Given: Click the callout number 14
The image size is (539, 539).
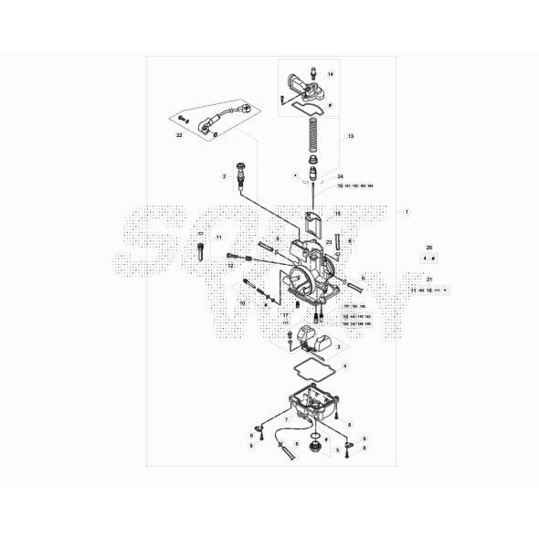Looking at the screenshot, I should click(331, 73).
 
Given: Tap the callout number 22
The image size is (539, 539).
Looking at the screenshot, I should click(180, 134).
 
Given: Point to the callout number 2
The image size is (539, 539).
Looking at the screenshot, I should click(223, 175).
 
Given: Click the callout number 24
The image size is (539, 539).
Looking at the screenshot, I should click(340, 176).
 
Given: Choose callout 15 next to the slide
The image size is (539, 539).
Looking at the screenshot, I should click(337, 214).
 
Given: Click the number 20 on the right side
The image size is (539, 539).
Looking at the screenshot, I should click(429, 248).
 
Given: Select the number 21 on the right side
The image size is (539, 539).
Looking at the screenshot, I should click(429, 279).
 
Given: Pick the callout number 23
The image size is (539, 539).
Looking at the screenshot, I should click(329, 242).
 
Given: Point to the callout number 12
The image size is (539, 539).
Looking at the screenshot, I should click(231, 265).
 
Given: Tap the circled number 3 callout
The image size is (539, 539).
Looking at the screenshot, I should click(337, 347).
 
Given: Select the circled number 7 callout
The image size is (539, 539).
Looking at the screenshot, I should click(286, 419).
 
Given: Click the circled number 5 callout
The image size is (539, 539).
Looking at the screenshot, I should click(337, 449).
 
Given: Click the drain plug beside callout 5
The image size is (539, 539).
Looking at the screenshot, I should click(315, 448).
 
